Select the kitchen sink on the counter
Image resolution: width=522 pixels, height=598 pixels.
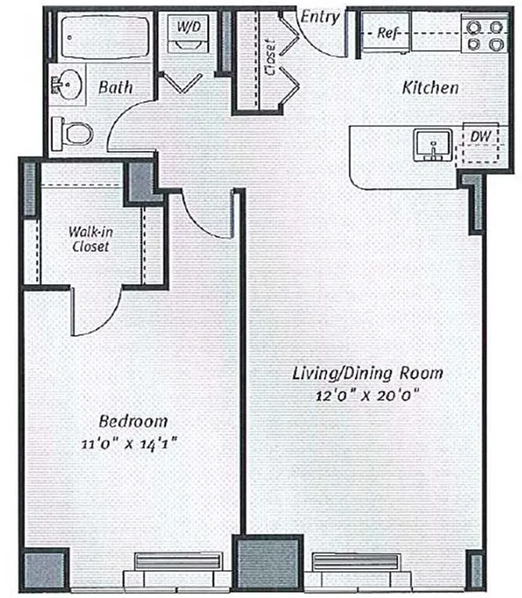pos(432,143)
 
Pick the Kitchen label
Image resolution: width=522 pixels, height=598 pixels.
pos(430,87)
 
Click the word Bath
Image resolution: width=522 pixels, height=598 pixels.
pos(116,87)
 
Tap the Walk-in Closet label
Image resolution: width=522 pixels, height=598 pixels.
pos(89,238)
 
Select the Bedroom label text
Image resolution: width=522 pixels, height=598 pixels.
pos(131,421)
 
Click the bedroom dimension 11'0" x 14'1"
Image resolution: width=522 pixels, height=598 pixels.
pos(131,443)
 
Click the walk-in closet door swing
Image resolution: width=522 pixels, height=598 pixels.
pos(94,314)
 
